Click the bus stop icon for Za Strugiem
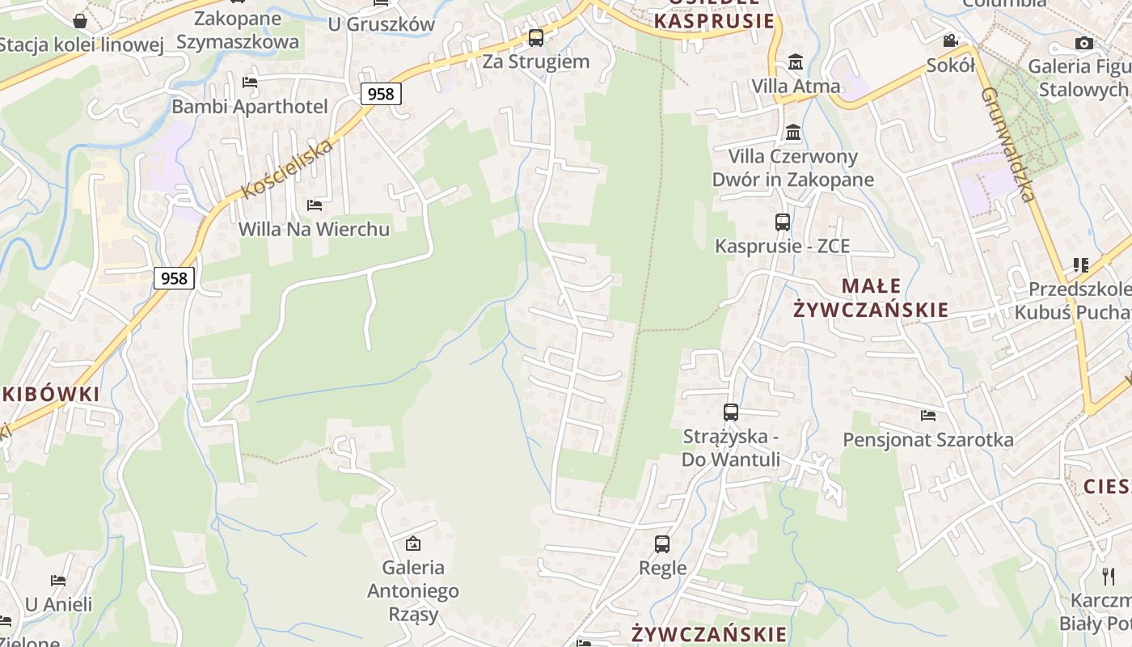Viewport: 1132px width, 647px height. [535, 37]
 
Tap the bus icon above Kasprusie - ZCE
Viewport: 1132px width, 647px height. [782, 222]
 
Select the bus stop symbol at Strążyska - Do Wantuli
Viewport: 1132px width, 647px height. [731, 412]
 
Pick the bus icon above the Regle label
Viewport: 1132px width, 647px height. [662, 543]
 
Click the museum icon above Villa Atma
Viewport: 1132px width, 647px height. [796, 61]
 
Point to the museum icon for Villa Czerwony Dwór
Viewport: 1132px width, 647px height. [793, 132]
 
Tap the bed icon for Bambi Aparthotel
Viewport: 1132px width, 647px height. [250, 82]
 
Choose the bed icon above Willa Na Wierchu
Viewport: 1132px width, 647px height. [315, 205]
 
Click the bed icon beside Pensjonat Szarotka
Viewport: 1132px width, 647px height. [928, 416]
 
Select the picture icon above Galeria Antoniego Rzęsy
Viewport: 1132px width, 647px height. [413, 543]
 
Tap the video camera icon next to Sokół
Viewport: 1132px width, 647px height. [950, 40]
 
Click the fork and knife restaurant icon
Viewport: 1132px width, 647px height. [1108, 576]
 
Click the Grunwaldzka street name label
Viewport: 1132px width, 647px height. [1007, 144]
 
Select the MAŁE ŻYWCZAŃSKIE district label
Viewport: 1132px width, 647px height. [871, 298]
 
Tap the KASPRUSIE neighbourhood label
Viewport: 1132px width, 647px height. [714, 21]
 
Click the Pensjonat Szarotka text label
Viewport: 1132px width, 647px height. [927, 440]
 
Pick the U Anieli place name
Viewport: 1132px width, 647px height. [59, 604]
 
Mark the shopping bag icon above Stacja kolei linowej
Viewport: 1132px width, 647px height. [80, 20]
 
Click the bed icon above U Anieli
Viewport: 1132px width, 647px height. [58, 580]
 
